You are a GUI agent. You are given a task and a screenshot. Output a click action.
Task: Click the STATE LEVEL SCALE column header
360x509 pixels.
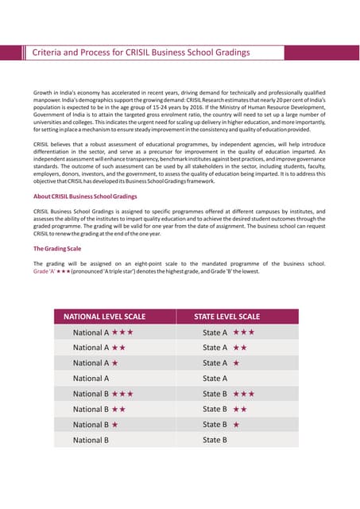(x=226, y=317)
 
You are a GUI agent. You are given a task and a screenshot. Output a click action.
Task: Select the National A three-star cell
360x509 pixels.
(x=103, y=332)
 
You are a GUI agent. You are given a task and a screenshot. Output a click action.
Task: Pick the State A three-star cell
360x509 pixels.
(x=228, y=332)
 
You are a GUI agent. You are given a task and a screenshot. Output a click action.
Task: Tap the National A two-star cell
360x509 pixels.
(x=99, y=348)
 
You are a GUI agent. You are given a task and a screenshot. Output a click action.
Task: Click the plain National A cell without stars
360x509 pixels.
(x=91, y=379)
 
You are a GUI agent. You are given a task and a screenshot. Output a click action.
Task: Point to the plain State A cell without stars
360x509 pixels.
(x=215, y=379)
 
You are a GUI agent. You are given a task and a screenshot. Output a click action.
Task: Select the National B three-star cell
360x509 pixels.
(x=103, y=394)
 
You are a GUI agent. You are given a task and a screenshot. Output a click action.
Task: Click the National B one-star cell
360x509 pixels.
(x=95, y=425)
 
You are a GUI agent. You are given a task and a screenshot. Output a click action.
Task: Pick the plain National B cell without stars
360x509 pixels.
(x=91, y=440)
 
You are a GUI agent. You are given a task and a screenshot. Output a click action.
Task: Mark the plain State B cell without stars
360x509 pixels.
(x=215, y=440)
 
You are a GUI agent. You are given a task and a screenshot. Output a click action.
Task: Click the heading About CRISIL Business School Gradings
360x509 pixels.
(x=86, y=196)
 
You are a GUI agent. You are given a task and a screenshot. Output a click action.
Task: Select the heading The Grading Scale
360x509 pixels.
(x=57, y=249)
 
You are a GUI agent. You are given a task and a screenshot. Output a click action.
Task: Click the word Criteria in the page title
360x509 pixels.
(x=45, y=52)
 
